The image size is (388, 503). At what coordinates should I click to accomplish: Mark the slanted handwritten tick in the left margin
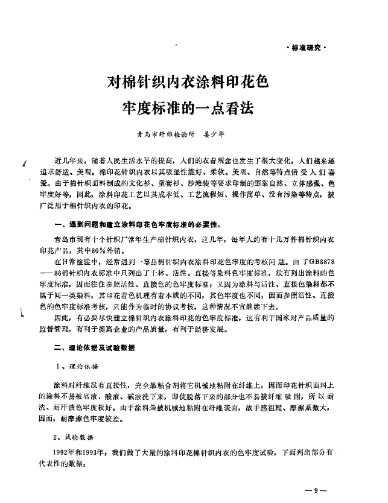(22, 161)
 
